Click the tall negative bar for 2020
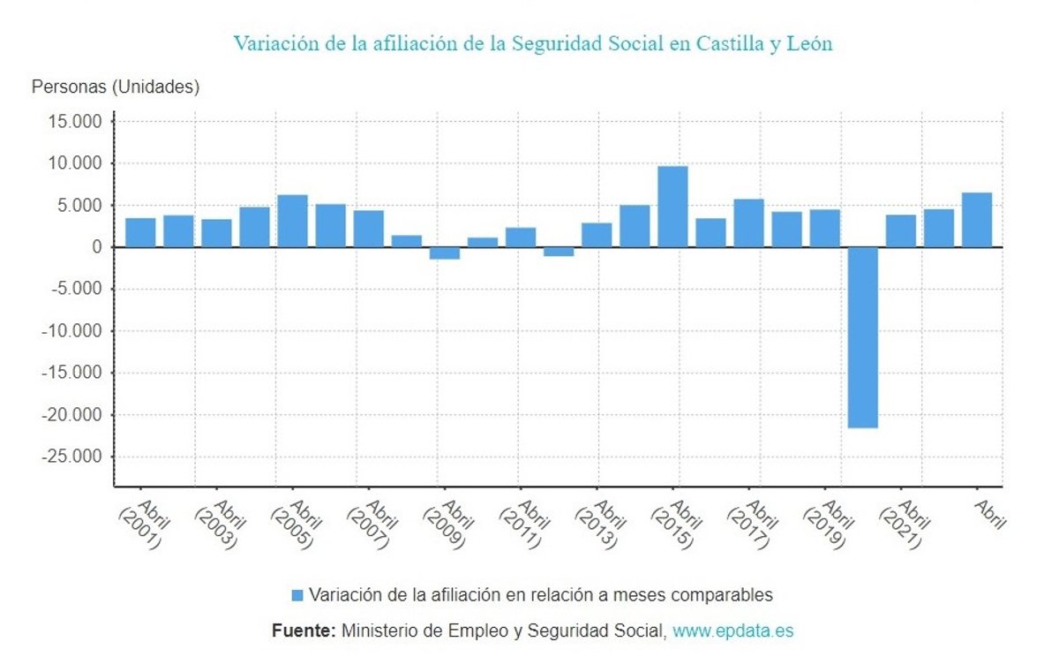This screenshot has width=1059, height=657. (863, 337)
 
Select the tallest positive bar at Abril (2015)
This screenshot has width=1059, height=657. (672, 207)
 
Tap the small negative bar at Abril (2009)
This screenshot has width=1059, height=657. (445, 253)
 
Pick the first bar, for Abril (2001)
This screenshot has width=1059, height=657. (140, 232)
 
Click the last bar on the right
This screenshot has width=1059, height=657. (977, 220)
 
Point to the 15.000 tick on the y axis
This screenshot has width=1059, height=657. (75, 121)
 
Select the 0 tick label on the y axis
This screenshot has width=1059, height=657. (97, 247)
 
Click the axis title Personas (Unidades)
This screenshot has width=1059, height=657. (116, 87)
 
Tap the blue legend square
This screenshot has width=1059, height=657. (297, 595)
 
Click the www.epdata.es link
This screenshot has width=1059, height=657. (732, 631)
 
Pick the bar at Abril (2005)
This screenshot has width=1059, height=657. (292, 221)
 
